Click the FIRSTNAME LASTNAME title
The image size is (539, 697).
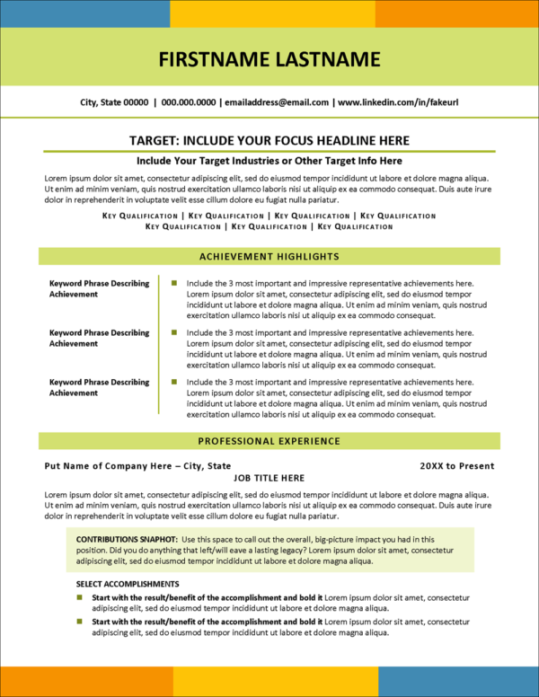click(269, 60)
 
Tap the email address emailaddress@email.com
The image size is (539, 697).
click(276, 103)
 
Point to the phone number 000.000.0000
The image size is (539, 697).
click(189, 103)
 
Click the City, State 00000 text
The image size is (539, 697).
click(114, 103)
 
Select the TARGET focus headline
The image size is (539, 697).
click(269, 140)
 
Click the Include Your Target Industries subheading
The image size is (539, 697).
click(269, 161)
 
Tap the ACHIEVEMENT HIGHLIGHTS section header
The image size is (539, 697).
click(269, 256)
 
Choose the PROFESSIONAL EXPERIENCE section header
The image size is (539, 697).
click(269, 441)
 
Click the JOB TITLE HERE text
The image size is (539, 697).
click(269, 478)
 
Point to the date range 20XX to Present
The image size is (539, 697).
click(456, 466)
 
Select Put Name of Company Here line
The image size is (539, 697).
click(137, 466)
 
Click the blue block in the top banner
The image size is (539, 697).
click(84, 13)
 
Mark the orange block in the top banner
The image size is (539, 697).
click(456, 13)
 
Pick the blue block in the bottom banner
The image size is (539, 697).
click(458, 682)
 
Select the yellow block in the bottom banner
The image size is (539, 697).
click(275, 682)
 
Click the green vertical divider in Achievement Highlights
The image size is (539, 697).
click(159, 345)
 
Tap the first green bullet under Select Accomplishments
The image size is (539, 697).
click(79, 596)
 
